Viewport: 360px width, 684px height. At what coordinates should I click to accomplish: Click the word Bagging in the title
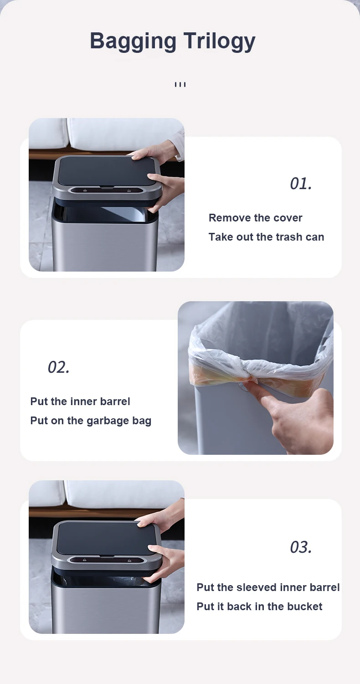click(133, 41)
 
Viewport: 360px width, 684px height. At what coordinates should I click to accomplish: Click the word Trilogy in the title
click(219, 41)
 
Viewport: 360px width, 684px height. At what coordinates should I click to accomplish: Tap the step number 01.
click(301, 184)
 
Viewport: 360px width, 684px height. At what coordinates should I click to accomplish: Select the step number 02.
click(59, 367)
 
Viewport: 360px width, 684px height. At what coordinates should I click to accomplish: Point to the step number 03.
click(301, 547)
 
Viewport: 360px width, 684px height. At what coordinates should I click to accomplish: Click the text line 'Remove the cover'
click(255, 218)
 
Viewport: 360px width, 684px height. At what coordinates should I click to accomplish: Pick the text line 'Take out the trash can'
click(266, 237)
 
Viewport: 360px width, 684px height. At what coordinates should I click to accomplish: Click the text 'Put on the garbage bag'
click(91, 421)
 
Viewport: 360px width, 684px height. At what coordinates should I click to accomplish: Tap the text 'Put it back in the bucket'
click(259, 607)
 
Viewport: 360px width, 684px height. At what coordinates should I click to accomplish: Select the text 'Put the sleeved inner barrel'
click(268, 587)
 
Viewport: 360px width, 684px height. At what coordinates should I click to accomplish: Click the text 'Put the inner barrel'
click(80, 401)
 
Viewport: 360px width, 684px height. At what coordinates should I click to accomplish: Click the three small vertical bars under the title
click(180, 85)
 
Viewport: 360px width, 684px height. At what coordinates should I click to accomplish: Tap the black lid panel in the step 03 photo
click(104, 537)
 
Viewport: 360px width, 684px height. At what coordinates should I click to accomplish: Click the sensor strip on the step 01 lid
click(106, 190)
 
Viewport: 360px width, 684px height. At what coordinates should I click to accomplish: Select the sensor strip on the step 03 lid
click(106, 560)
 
